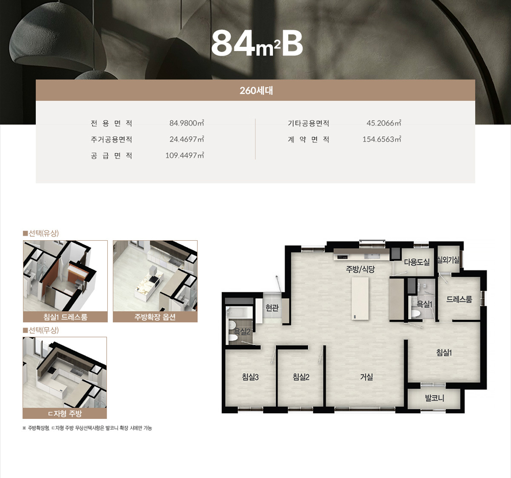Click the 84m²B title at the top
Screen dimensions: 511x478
(x=257, y=44)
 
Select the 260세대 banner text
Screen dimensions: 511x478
(x=256, y=90)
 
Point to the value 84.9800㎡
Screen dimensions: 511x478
(x=187, y=123)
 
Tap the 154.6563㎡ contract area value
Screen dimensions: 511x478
(x=382, y=139)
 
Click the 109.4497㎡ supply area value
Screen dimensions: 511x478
(x=185, y=155)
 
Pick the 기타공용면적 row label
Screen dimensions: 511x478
(x=308, y=123)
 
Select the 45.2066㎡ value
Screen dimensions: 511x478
(x=384, y=123)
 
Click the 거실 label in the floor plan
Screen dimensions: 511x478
(x=366, y=377)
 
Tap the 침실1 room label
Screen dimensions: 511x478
(x=444, y=353)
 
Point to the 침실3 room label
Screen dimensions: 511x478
(x=250, y=377)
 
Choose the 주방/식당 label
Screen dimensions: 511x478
(x=360, y=269)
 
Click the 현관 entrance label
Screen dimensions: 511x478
(x=272, y=307)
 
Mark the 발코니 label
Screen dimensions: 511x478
(x=434, y=398)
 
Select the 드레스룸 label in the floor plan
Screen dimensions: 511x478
(x=459, y=299)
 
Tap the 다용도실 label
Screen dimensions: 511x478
(x=417, y=262)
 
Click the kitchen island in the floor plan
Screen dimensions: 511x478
(x=360, y=298)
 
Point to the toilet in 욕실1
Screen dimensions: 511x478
(x=415, y=313)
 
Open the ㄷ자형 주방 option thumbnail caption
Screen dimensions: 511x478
(x=65, y=414)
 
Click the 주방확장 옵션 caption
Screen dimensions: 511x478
(x=155, y=317)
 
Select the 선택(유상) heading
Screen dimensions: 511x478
(x=41, y=233)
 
